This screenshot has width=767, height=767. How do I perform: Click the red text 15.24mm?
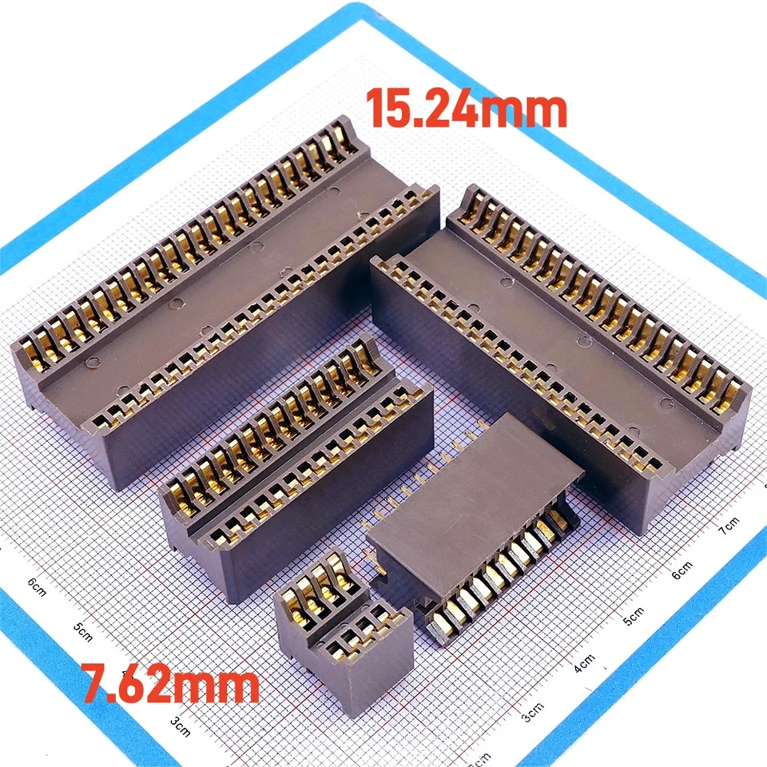(x=467, y=109)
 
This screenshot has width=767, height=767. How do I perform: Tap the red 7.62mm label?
(x=173, y=686)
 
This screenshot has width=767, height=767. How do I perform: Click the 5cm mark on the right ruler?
(x=633, y=616)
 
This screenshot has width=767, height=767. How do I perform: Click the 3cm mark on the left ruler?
(x=180, y=723)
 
